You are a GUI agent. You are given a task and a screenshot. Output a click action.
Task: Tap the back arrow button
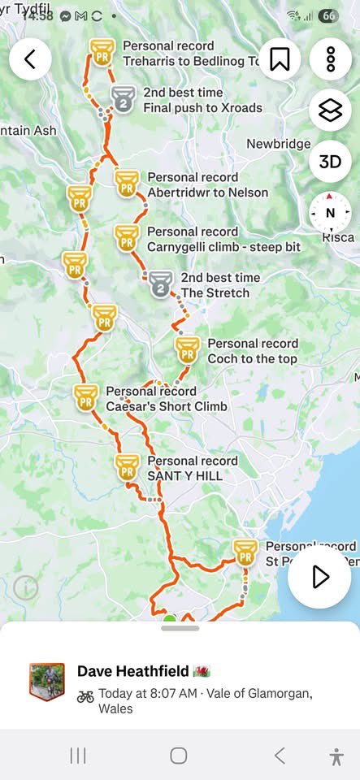[31, 59]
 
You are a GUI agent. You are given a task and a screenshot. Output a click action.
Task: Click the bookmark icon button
[280, 59]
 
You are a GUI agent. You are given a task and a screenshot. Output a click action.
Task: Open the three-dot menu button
[330, 59]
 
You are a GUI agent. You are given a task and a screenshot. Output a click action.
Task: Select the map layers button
[330, 110]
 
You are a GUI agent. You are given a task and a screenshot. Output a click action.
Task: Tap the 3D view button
[330, 162]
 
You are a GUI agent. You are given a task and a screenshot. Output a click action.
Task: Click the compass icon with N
[330, 213]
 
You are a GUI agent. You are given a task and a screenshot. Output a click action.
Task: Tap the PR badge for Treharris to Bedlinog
[102, 54]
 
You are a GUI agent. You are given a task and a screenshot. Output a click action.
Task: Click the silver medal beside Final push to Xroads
[123, 100]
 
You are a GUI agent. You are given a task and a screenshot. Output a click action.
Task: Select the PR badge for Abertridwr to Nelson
[127, 184]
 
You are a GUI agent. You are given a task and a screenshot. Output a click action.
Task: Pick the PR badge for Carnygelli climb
[126, 238]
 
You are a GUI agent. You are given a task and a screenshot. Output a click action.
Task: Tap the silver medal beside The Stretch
[160, 284]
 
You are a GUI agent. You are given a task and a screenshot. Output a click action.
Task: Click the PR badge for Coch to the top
[188, 350]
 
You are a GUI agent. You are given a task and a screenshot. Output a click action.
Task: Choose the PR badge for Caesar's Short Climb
[85, 397]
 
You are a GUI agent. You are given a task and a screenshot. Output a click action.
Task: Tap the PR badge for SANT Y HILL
[127, 467]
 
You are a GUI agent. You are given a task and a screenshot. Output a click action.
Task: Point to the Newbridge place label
[278, 144]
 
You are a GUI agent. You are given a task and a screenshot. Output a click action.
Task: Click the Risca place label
[338, 237]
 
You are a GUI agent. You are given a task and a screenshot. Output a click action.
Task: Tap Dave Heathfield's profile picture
[47, 681]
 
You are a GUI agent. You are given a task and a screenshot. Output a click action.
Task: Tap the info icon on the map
[26, 587]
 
